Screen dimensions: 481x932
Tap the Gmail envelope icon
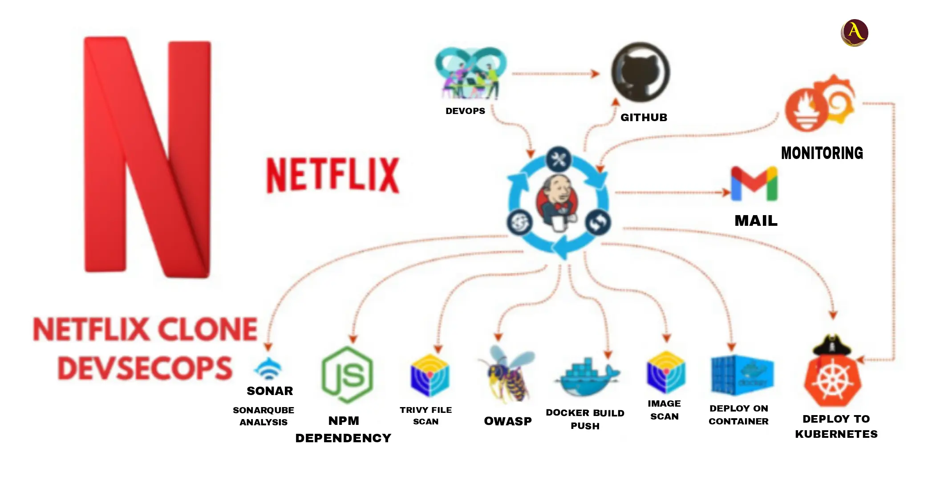[x=754, y=183]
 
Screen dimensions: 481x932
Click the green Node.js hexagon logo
[x=347, y=375]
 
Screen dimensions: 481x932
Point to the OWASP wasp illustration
[x=507, y=375]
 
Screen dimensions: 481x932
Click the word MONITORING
[x=822, y=153]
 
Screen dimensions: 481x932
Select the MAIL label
[x=756, y=220]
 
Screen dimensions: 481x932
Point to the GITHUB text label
[x=644, y=118]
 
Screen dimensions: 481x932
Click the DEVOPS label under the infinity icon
[x=465, y=111]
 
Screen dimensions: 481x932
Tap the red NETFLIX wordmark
[x=332, y=175]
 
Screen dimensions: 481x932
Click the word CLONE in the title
[x=207, y=330]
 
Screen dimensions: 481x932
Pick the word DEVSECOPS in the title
[x=145, y=369]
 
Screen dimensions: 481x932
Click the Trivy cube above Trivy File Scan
[x=430, y=375]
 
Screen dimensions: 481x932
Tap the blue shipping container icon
[x=742, y=375]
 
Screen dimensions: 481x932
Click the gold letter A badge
[x=854, y=33]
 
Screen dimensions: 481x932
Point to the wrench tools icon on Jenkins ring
[x=559, y=159]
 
